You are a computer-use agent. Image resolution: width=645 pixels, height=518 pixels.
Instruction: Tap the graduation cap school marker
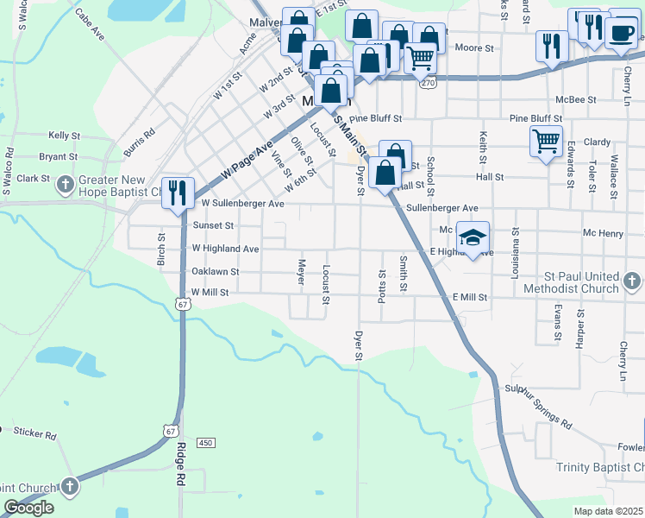click(473, 236)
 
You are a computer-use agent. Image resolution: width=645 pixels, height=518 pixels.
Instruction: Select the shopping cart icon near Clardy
click(546, 140)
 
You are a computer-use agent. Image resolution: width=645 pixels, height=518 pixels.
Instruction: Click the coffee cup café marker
click(621, 33)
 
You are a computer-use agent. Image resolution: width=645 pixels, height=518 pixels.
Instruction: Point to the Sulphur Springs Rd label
click(538, 407)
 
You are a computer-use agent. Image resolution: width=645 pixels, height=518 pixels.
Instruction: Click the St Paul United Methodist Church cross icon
click(632, 281)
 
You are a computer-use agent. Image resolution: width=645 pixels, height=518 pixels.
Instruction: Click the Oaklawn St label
click(215, 271)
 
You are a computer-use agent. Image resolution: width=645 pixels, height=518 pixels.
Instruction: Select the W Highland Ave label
click(225, 249)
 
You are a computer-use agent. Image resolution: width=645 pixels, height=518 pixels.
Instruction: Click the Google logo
click(28, 508)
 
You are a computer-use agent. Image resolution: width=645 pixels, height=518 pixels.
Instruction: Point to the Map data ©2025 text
click(609, 511)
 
